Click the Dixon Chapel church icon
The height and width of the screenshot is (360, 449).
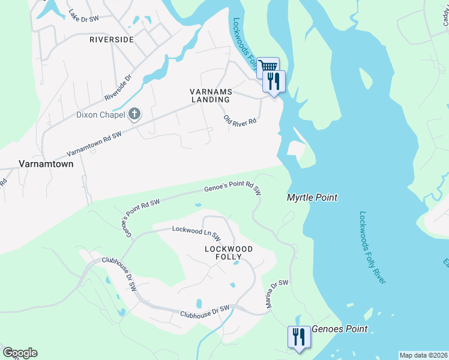pos(134,114)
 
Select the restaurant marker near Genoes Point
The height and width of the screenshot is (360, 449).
pos(297,337)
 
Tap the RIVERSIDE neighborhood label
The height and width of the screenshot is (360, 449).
pos(111,40)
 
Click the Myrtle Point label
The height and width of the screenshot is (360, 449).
pos(312,197)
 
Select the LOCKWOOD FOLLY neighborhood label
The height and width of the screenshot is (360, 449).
pos(228,253)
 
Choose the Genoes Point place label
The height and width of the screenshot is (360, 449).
pos(339,329)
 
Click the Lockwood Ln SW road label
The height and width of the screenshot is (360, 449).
pos(196,232)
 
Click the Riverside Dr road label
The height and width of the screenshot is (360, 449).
pos(118,88)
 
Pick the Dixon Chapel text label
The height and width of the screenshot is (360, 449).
pos(100,115)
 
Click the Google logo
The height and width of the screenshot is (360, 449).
pos(20,353)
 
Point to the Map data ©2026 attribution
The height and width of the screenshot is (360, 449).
pos(423,355)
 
